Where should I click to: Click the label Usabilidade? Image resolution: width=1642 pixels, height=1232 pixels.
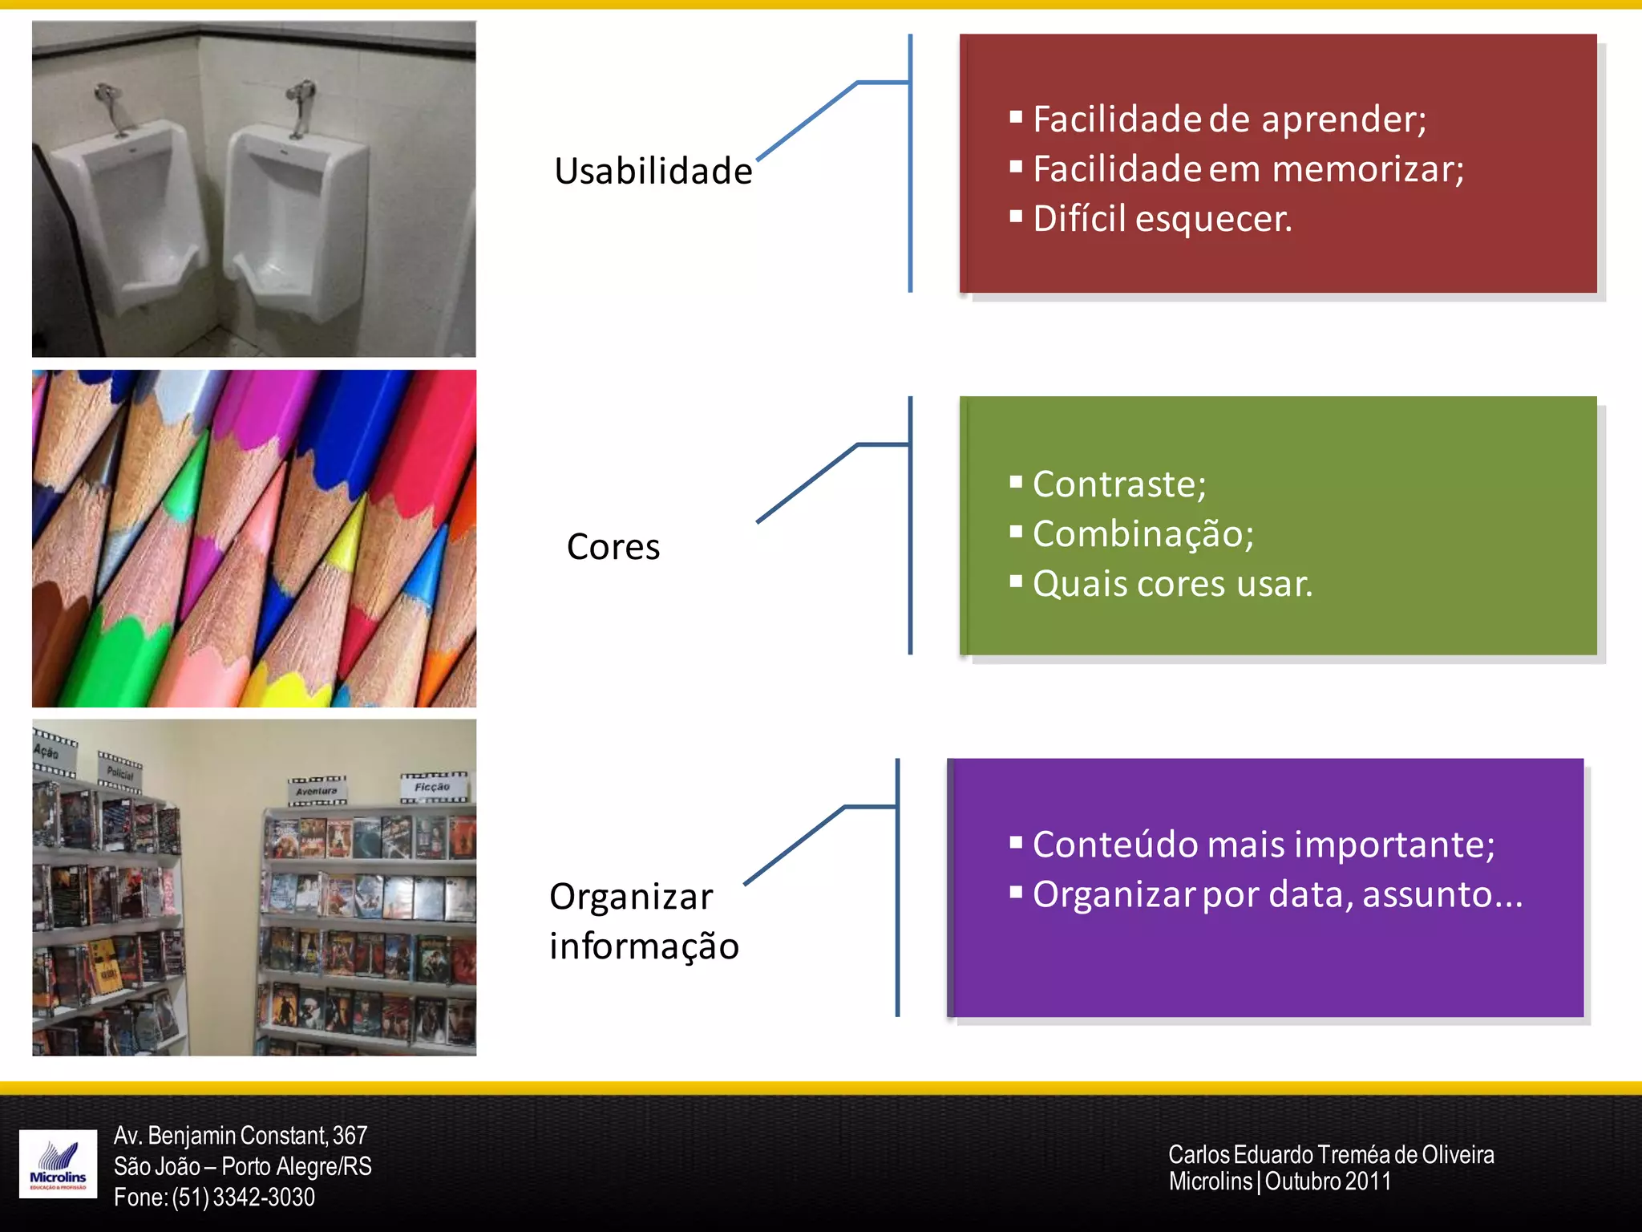pos(653,172)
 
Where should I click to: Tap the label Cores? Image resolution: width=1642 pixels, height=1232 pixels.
pos(613,547)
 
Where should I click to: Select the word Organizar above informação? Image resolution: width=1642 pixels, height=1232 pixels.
pos(631,897)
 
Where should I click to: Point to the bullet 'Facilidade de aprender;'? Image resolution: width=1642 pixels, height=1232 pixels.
pos(1229,120)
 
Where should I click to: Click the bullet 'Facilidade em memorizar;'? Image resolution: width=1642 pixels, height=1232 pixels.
pos(1248,169)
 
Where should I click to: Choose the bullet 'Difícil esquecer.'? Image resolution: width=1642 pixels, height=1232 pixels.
pos(1163,219)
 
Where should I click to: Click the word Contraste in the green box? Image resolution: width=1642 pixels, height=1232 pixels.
pos(1118,484)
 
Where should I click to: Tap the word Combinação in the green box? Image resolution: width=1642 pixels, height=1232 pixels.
pos(1142,534)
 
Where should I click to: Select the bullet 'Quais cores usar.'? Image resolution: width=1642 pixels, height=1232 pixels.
pos(1172,584)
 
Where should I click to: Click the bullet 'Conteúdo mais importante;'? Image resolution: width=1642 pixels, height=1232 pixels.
pos(1264,845)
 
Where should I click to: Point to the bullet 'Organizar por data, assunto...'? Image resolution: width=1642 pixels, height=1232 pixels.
pos(1277,894)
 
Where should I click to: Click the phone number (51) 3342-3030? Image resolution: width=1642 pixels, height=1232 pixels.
pos(243,1197)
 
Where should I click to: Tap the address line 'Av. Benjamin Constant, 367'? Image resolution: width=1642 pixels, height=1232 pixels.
pos(241,1136)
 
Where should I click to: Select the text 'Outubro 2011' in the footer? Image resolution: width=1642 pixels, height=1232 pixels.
pos(1328,1181)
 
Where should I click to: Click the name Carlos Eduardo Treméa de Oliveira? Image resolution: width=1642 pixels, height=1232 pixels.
pos(1331,1155)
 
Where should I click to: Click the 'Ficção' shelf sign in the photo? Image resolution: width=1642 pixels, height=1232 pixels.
pos(433,787)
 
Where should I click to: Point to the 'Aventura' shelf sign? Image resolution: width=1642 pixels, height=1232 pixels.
pos(317,791)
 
